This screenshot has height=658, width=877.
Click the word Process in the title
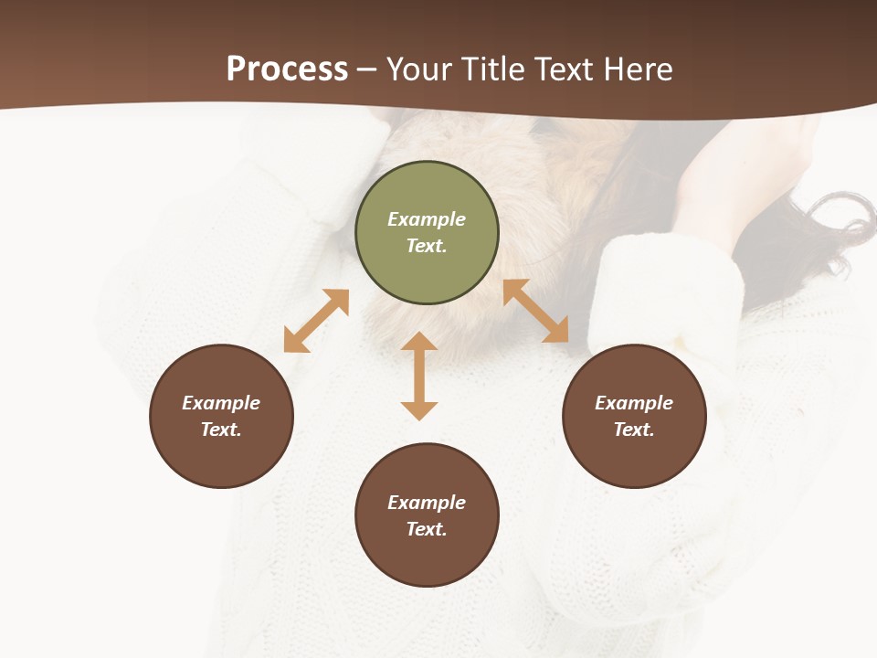pos(287,69)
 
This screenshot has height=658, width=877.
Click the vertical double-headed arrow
pos(419,376)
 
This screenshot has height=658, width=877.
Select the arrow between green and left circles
pos(316,321)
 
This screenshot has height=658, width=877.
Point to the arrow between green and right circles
pos(536,312)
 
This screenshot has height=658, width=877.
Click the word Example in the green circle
pos(427,219)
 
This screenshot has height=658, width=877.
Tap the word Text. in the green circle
pos(427,246)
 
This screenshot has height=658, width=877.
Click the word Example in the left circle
pos(221,403)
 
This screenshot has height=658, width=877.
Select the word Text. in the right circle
pos(634,430)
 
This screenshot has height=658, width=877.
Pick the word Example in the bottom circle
pos(427,503)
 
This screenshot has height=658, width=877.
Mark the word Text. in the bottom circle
pos(427,529)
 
